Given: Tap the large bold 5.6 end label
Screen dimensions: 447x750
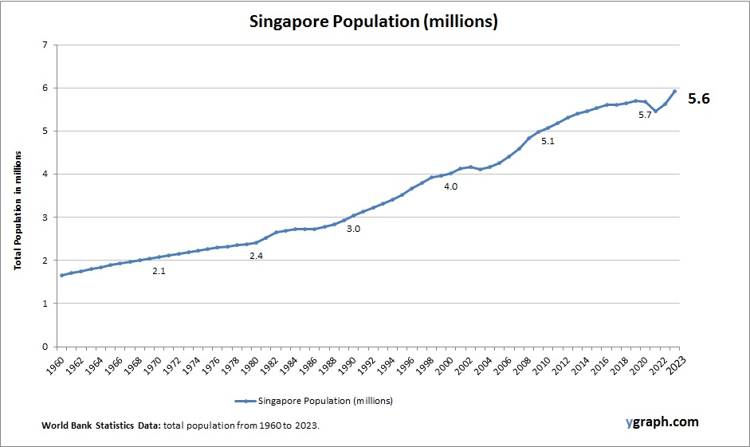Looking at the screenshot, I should (x=698, y=100).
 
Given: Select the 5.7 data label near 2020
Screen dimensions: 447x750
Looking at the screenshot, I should (x=645, y=115).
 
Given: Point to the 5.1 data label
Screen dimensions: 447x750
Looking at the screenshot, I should (x=548, y=142).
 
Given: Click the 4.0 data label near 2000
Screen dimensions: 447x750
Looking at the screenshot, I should (x=450, y=186).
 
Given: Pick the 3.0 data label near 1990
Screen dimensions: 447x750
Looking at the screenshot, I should (x=353, y=229).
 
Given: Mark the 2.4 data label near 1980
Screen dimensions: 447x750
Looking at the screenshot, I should (x=256, y=256).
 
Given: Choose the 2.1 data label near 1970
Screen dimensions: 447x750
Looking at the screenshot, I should (x=159, y=272).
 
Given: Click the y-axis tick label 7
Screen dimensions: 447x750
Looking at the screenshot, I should (x=45, y=45).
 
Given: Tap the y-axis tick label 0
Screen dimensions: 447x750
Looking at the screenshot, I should (x=45, y=347).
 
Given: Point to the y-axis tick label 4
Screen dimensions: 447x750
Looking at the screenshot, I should (x=45, y=174).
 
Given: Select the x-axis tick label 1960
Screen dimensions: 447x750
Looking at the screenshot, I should (x=55, y=365).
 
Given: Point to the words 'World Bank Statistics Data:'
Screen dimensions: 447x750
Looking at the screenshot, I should (x=101, y=426).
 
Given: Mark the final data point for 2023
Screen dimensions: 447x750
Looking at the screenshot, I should (x=674, y=91).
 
